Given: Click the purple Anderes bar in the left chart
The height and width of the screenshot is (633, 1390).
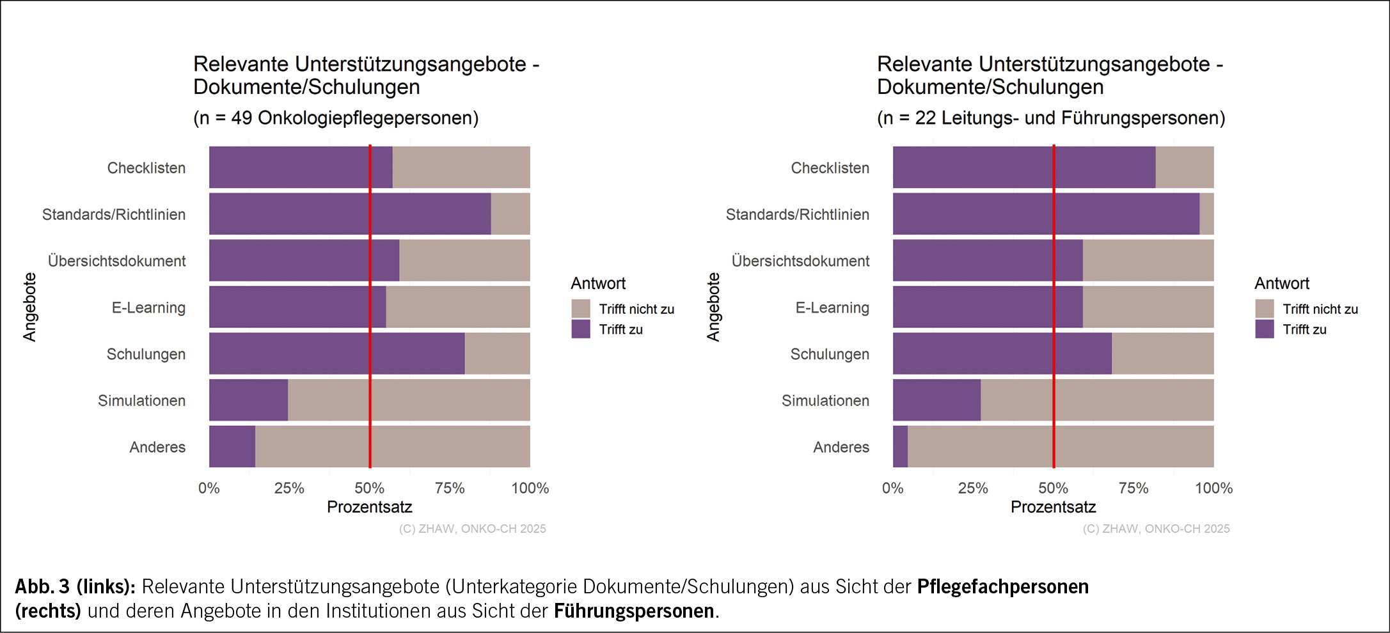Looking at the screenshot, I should pos(232,446).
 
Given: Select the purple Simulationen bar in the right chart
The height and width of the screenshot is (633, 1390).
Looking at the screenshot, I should pos(936,400).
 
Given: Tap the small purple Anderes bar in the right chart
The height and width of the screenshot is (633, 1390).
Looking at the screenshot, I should pos(900,446).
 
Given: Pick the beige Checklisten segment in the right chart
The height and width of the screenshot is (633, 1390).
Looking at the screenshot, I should pos(1184,168).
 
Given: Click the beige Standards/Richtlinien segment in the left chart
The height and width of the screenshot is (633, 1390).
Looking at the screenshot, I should pos(510,214).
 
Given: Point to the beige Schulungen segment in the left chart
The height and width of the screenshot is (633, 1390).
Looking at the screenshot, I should pos(497,354).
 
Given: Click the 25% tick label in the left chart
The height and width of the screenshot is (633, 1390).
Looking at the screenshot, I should pos(289,488).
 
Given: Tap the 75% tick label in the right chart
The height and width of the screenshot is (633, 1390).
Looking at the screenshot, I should pos(1133,488).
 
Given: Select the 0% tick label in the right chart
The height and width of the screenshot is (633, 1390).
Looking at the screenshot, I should pos(892,488).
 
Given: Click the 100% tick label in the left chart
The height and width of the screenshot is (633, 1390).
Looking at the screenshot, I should pos(530,488).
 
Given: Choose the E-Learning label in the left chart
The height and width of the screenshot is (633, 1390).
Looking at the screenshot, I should pos(148,308).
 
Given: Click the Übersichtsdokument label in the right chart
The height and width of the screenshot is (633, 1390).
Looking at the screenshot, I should pos(800,261).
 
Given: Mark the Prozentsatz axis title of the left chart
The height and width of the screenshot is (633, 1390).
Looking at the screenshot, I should pos(370,507).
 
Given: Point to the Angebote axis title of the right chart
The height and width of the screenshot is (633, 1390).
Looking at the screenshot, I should pos(713,307).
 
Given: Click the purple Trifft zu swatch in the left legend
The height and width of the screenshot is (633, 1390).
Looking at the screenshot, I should pos(581,329).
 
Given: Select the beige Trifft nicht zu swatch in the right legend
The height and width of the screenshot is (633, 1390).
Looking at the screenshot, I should pos(1265,309).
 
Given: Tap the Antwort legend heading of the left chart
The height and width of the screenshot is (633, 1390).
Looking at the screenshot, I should pos(598,283).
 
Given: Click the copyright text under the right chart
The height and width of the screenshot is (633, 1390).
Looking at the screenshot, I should pos(1156,529).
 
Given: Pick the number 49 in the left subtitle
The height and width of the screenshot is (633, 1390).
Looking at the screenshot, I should pos(241,118).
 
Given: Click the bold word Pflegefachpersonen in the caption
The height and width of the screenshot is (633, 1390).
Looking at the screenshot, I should pos(1002,586).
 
